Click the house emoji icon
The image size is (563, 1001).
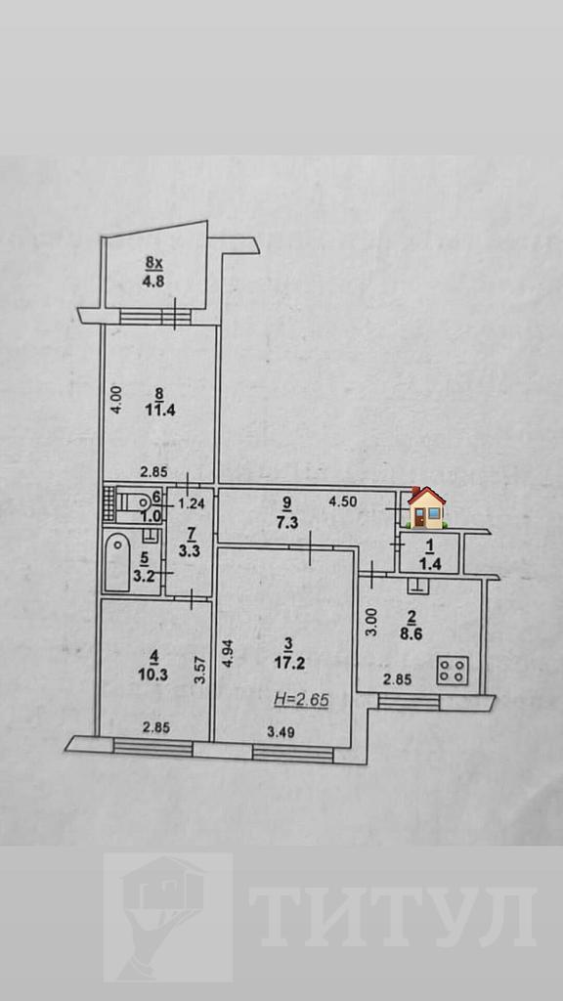point(426,507)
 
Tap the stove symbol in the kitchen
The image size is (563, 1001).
point(453,671)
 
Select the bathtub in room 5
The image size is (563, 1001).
point(117,562)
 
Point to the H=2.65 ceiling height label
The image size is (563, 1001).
point(301,700)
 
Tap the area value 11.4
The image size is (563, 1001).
point(152,411)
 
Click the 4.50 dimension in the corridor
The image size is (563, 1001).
point(344,501)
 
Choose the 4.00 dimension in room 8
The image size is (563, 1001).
point(115,401)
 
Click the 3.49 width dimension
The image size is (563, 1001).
point(281,732)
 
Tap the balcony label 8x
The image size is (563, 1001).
point(152,261)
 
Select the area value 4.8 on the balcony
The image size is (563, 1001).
point(154,282)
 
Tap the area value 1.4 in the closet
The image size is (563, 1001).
point(429,564)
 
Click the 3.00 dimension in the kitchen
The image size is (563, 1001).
point(374,621)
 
